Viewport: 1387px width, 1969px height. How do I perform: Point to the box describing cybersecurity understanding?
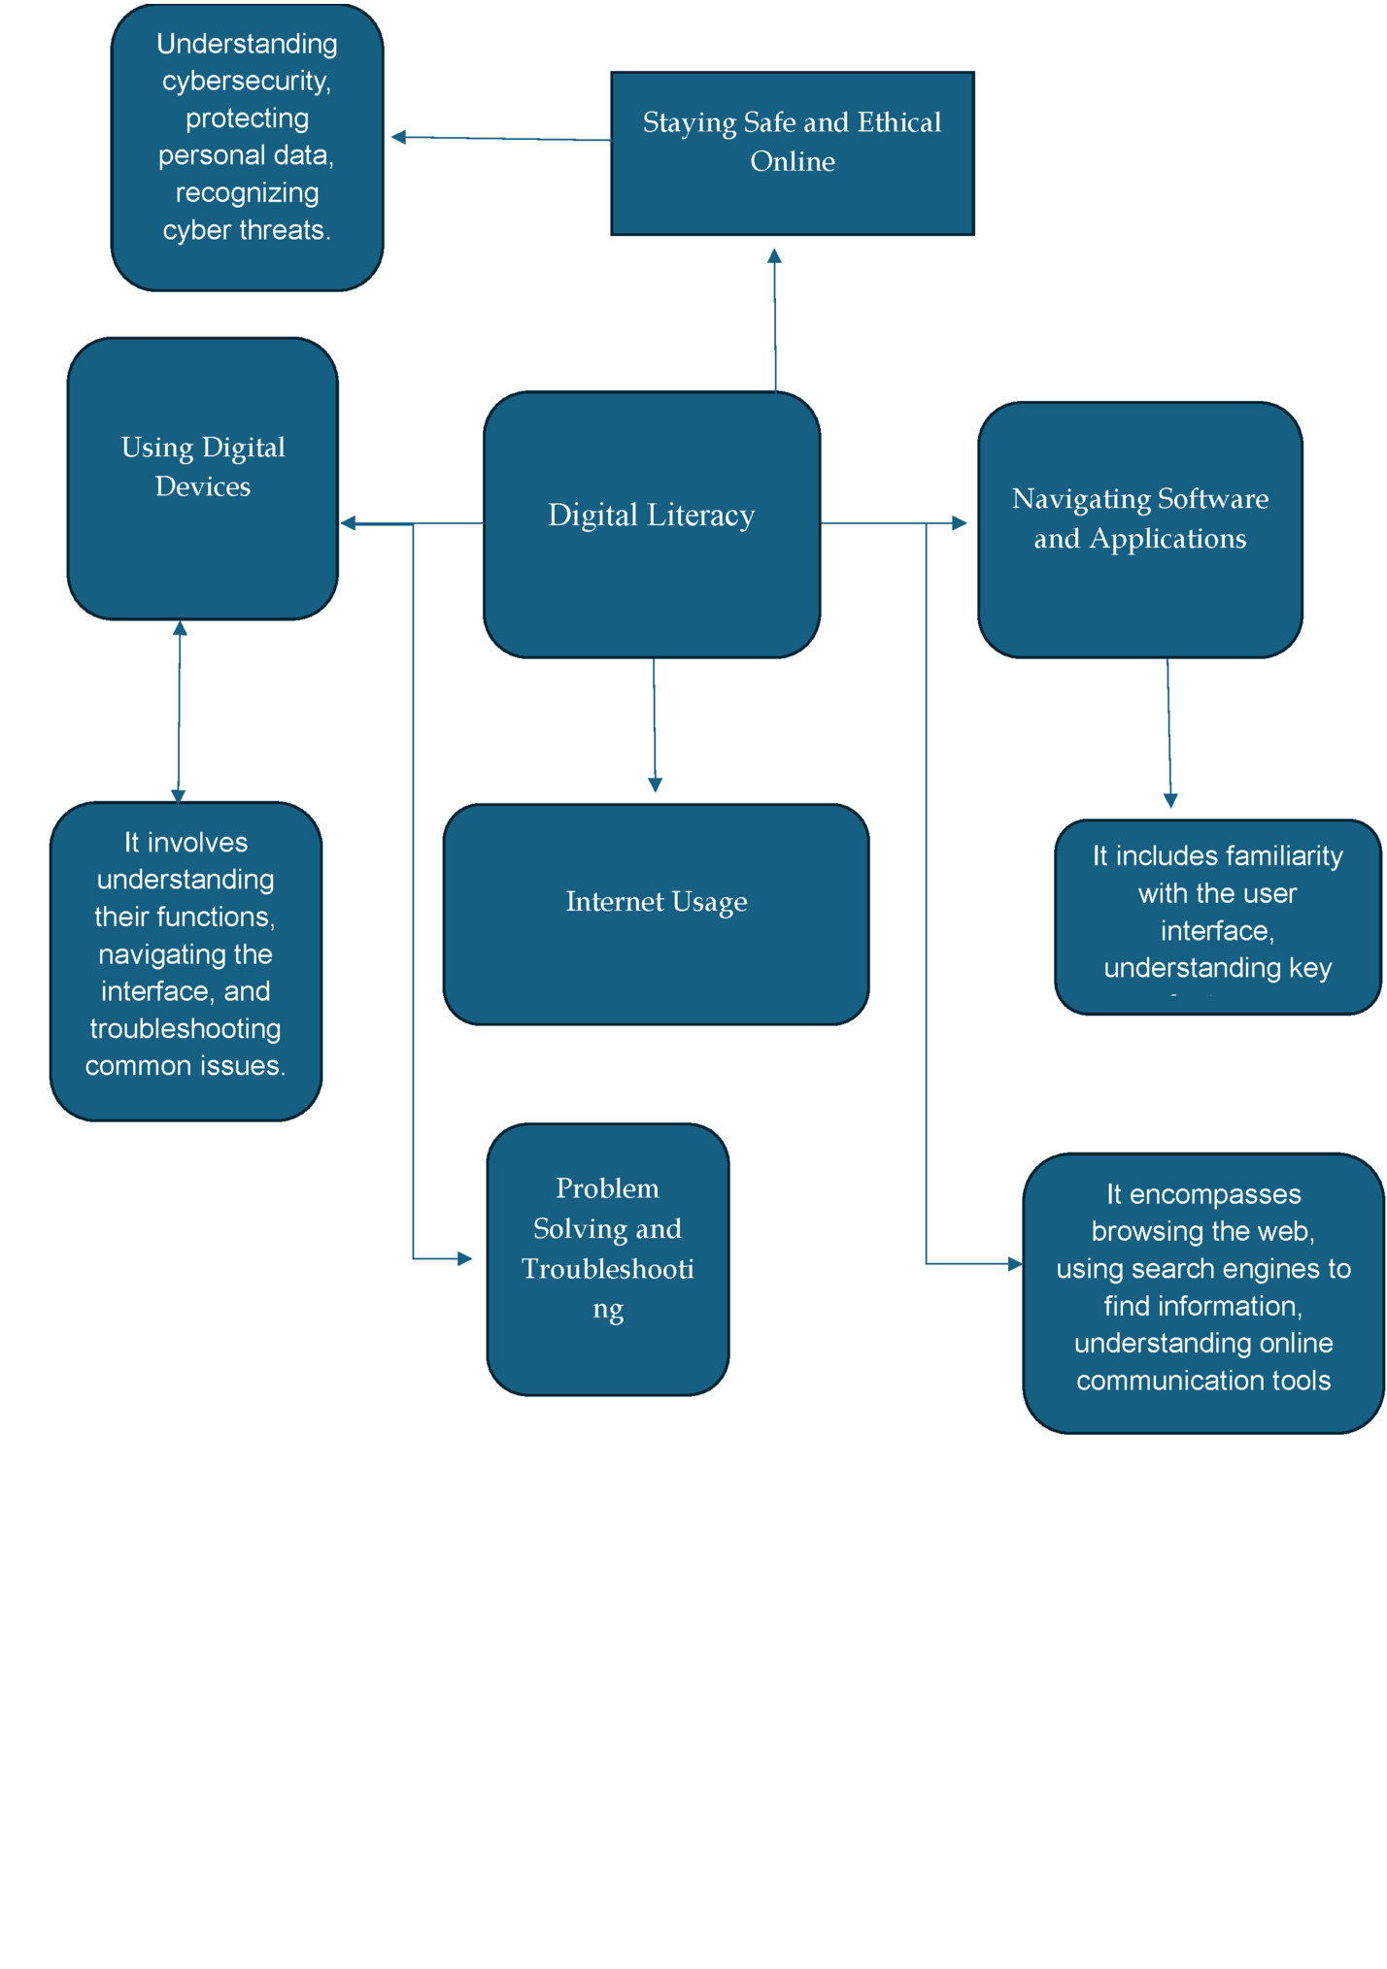pyautogui.click(x=247, y=147)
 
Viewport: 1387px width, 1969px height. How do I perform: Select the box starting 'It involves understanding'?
pyautogui.click(x=186, y=960)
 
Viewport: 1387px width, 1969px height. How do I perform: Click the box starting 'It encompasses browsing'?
pyautogui.click(x=1202, y=1292)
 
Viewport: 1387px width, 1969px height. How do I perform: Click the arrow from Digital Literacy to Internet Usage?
pyautogui.click(x=654, y=723)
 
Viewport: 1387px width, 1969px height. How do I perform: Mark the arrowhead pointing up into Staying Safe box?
pyautogui.click(x=774, y=256)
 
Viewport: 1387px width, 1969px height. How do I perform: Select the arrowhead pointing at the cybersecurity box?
pyautogui.click(x=398, y=137)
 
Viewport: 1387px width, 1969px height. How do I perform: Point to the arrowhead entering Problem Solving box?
pyautogui.click(x=464, y=1258)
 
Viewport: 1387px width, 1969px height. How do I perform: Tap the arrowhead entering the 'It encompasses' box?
pyautogui.click(x=1015, y=1263)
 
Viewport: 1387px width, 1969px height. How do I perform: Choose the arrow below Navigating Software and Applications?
pyautogui.click(x=1169, y=733)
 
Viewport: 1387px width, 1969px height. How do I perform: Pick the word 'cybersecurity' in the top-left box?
pyautogui.click(x=247, y=81)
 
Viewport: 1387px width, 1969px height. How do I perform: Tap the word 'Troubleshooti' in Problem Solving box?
pyautogui.click(x=607, y=1269)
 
